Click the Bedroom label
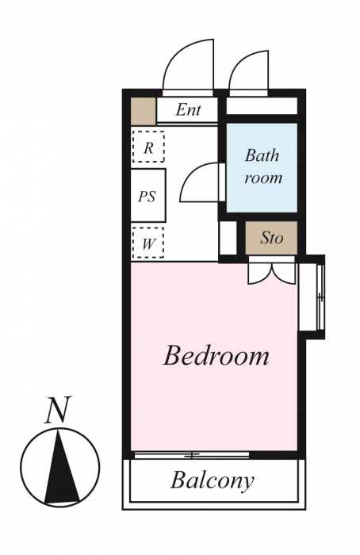[x=216, y=355]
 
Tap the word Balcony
[x=213, y=480]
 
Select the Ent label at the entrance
[x=188, y=109]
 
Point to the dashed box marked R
[x=148, y=147]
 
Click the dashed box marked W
[x=148, y=243]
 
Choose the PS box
[x=148, y=196]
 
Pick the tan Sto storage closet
[x=271, y=238]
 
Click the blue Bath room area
[x=262, y=167]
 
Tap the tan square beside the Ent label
[x=144, y=112]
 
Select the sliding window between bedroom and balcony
[x=192, y=455]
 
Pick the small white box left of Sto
[x=228, y=238]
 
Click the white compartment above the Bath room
[x=262, y=105]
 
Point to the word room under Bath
[x=263, y=178]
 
